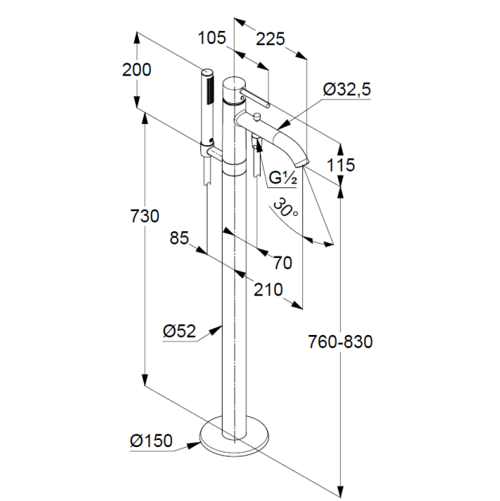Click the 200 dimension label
[137, 70]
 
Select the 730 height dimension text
[145, 216]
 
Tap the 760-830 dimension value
[340, 341]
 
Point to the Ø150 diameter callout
[151, 441]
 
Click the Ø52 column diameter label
[179, 331]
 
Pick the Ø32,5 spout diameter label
[347, 89]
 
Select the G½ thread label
[283, 178]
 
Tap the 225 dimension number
[270, 39]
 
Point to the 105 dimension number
[211, 37]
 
